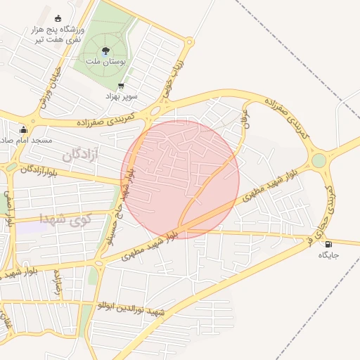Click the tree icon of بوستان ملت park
pos(105,50)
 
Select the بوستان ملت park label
pos(105,62)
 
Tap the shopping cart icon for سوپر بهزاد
pos(122,86)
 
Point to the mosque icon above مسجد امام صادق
pos(23,129)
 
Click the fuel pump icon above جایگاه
pos(328,245)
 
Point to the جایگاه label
pos(328,255)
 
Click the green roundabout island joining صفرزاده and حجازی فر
pos(319,160)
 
